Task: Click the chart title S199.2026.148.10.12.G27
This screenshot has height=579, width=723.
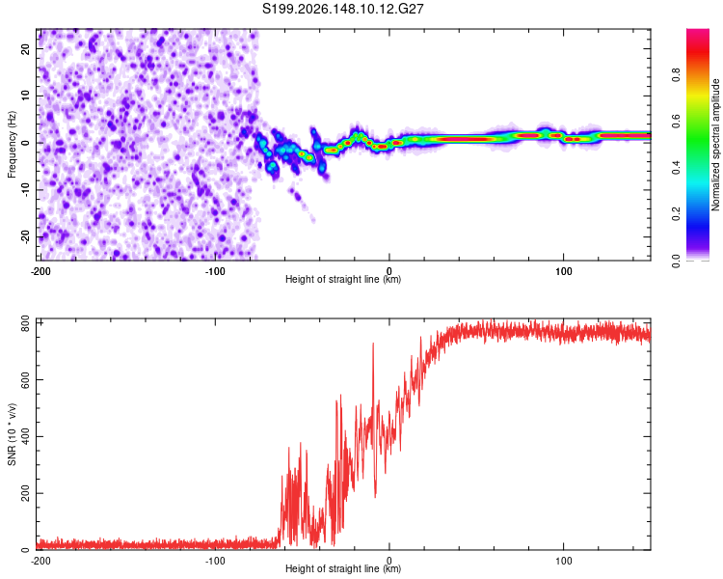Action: pos(342,9)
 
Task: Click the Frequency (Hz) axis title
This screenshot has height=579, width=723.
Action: pos(12,144)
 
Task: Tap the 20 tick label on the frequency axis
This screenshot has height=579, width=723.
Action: pos(26,49)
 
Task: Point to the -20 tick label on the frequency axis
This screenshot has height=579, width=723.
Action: pos(26,237)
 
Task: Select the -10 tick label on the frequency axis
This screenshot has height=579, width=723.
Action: pos(26,189)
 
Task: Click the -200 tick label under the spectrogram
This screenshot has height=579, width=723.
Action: pos(40,271)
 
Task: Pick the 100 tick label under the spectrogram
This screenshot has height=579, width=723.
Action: pos(564,271)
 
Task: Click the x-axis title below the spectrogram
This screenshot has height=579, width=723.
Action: pos(343,279)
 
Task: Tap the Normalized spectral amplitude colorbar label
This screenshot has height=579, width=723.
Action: pos(715,144)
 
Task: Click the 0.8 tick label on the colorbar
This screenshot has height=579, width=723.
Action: pos(676,75)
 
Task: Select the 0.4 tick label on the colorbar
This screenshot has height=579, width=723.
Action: pos(676,168)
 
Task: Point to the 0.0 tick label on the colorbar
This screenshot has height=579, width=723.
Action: pos(676,261)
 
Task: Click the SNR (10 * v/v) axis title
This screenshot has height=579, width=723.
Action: pos(12,434)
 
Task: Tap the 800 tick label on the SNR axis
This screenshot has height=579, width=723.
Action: pos(26,323)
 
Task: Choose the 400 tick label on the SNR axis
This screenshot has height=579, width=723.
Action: pos(26,436)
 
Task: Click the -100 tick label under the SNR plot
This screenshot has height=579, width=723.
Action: pos(215,561)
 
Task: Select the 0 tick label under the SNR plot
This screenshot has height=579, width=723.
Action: pos(389,561)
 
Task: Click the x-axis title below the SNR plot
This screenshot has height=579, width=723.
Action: pos(343,568)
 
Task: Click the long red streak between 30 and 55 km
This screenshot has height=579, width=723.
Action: pos(467,139)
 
